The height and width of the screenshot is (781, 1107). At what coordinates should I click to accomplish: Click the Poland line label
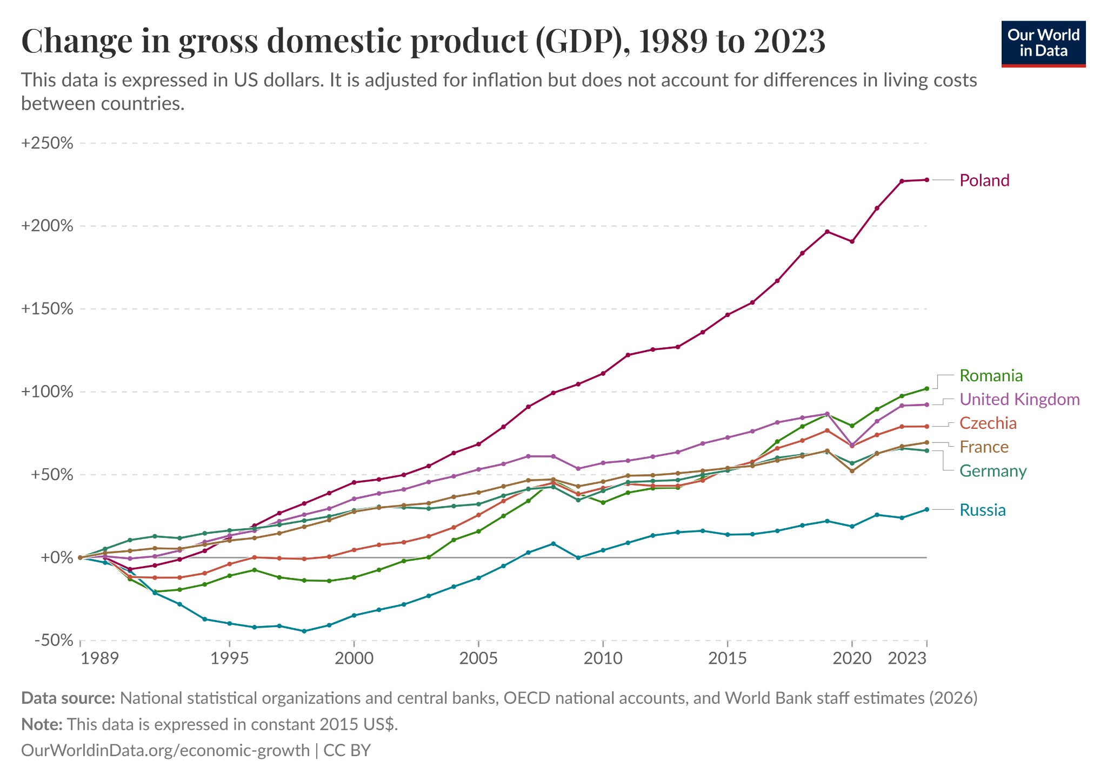tap(984, 180)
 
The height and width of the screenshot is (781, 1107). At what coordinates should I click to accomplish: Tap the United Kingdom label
tap(1019, 400)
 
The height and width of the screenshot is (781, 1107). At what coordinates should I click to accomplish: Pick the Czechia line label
tap(988, 423)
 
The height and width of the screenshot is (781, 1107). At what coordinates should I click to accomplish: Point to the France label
tap(984, 447)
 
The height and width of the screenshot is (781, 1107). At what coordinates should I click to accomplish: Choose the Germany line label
tap(992, 471)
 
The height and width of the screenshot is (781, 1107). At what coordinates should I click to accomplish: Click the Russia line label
tap(982, 510)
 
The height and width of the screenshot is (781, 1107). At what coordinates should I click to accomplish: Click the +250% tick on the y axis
tap(47, 144)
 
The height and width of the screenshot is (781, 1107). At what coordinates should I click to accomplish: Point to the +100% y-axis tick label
tap(47, 392)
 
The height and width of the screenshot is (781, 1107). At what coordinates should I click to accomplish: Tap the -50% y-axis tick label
tap(53, 641)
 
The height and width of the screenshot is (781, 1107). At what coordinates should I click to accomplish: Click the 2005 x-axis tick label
tap(478, 658)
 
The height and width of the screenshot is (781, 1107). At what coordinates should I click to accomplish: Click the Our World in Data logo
tap(1043, 44)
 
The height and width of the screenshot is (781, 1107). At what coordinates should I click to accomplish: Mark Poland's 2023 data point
tap(927, 180)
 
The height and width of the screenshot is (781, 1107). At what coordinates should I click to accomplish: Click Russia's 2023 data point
tap(927, 509)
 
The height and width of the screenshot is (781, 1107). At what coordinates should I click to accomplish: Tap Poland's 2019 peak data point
tap(827, 232)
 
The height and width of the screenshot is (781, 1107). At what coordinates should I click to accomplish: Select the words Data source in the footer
tap(68, 698)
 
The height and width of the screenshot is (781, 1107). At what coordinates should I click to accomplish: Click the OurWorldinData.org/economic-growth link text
tap(165, 750)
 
